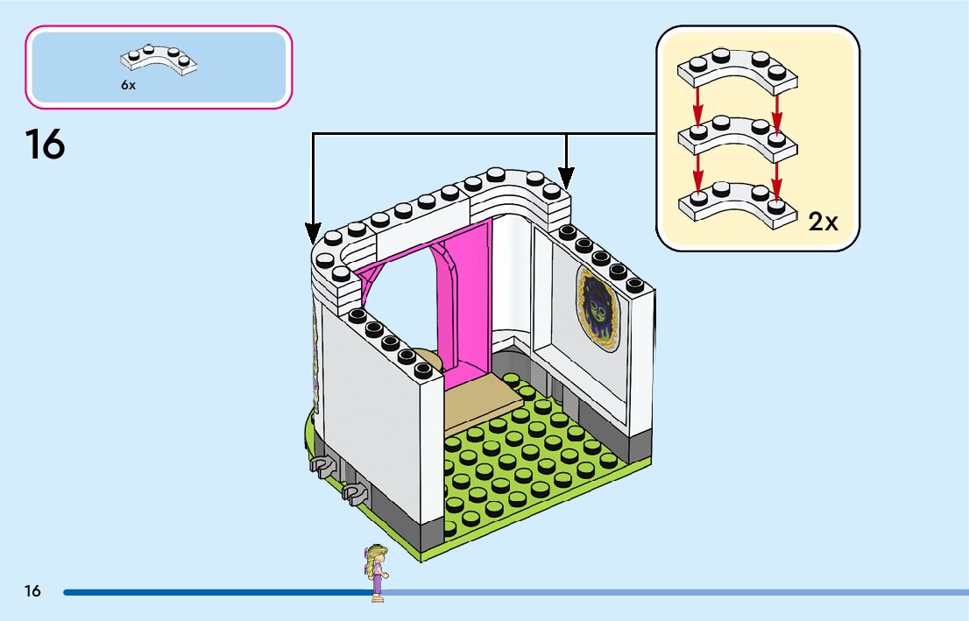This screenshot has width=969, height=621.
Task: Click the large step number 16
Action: point(45,145)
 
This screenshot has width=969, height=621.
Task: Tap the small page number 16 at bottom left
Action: point(32,591)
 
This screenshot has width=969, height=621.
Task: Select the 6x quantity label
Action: point(129,87)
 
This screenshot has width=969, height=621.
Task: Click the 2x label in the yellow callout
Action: point(823,222)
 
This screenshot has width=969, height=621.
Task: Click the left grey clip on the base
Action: point(322,462)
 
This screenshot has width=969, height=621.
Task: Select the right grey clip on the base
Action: point(356,495)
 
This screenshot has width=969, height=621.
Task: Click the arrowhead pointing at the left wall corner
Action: point(314,233)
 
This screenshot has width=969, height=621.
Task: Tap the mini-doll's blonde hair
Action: point(378,553)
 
